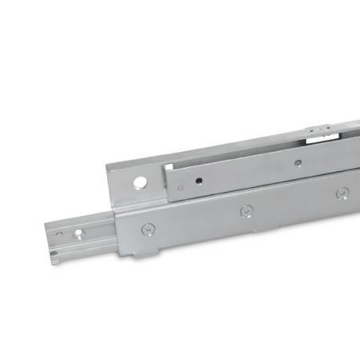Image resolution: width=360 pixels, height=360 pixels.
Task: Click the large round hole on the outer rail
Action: coord(139,182)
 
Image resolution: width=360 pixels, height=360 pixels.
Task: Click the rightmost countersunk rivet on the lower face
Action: coord(343,193)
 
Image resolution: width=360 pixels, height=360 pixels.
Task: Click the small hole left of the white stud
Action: coord(60,235)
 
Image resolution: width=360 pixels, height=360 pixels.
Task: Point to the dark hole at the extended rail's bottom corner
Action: coord(53,253)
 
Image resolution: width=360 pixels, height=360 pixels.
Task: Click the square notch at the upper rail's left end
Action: coord(168,167)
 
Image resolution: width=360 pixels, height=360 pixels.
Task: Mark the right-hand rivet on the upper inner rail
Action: coord(298,164)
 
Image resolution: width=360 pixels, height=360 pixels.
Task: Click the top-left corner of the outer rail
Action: coord(108,165)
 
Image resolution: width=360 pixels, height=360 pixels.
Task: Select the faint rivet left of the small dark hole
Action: coord(180,188)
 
